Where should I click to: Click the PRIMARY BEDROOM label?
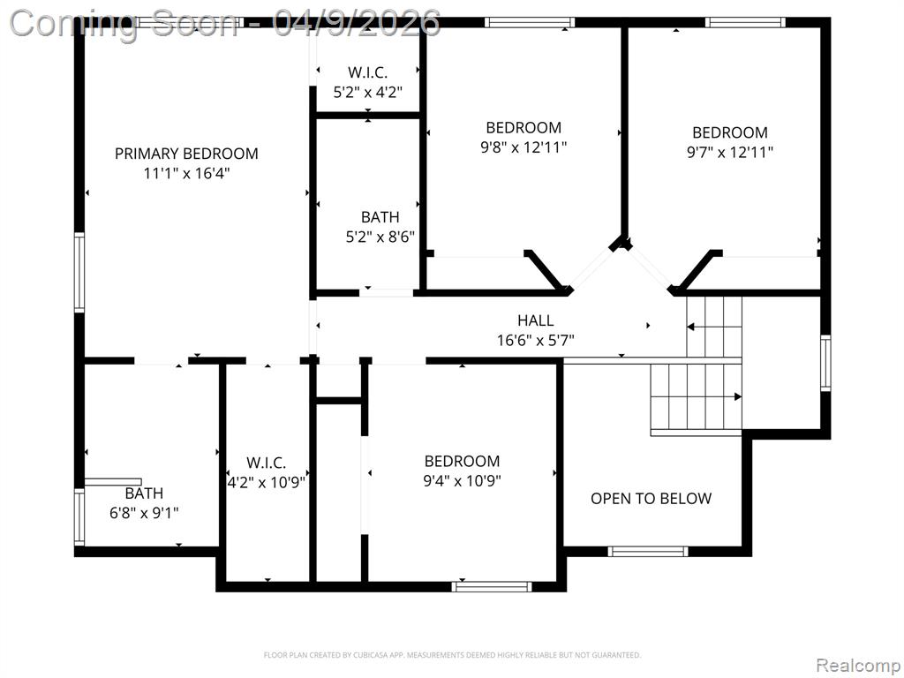186,154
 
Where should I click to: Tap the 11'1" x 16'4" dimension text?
186,173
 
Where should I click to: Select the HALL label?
536,320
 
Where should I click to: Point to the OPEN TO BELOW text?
651,499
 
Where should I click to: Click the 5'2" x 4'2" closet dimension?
368,92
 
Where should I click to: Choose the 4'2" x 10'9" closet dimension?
267,482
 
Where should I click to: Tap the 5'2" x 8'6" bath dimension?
380,237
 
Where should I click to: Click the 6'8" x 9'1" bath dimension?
144,513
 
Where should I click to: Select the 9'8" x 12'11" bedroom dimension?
524,147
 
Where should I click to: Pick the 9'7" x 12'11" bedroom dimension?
730,152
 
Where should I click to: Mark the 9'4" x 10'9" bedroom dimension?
462,481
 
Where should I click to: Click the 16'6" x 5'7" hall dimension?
536,340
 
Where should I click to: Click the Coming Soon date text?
225,23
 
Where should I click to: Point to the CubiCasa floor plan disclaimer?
452,655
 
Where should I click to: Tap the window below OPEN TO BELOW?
648,551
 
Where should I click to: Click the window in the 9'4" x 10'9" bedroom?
492,587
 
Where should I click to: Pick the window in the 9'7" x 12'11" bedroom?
745,22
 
